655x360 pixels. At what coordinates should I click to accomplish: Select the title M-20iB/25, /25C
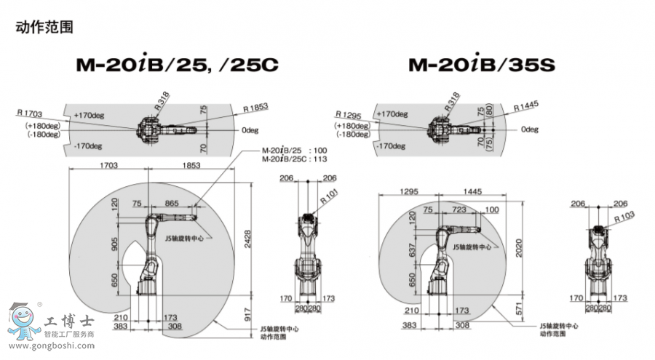177,65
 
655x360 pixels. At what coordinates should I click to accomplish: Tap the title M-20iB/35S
481,65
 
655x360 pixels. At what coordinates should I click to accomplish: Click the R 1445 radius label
525,106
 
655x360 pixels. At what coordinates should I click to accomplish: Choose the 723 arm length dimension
459,209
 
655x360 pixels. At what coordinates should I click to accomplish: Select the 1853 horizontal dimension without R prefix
191,165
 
